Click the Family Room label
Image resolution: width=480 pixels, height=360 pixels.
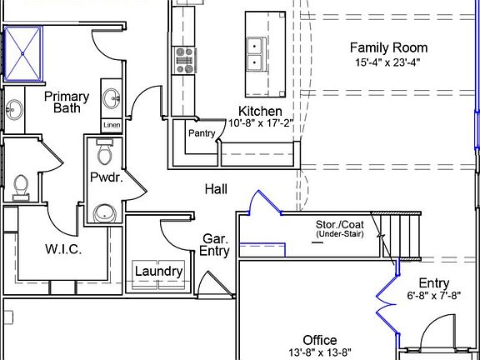point(388,47)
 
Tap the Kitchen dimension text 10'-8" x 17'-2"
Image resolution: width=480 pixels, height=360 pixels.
point(261,123)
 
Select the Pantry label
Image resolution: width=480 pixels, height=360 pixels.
point(202,133)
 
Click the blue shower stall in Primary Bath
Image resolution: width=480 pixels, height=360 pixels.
point(22,53)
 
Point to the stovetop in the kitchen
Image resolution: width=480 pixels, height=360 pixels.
point(183,60)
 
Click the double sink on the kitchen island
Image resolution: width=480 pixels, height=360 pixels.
point(254,54)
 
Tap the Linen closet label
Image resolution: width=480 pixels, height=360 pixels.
point(112,125)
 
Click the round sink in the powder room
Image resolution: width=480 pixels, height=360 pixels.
point(105,212)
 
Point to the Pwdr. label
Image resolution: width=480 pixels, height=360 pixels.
point(107,177)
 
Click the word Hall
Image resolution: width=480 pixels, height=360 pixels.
point(216,189)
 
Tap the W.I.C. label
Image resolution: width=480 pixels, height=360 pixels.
point(63,249)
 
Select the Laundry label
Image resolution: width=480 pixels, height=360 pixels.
point(159,272)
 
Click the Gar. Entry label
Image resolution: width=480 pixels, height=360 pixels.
point(215,245)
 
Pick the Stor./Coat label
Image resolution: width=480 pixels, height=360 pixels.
point(340,224)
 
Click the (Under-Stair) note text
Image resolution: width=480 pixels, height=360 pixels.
point(340,234)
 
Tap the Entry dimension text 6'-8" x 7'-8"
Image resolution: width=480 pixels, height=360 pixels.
point(434,296)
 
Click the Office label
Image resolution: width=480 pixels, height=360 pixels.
point(320,340)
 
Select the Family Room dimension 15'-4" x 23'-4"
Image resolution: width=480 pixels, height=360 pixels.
point(387,62)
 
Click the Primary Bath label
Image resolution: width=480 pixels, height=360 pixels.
point(67,102)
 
